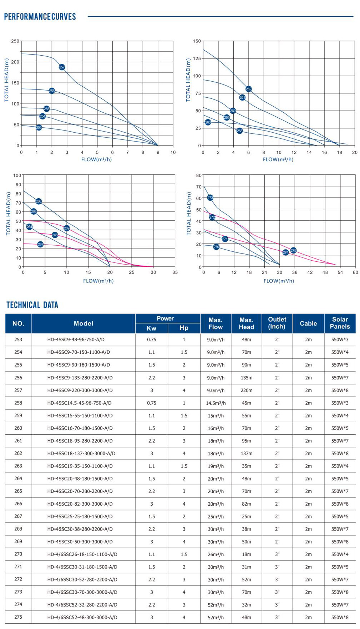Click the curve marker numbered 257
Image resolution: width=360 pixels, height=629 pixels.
62,67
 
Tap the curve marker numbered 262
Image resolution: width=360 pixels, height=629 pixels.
249,89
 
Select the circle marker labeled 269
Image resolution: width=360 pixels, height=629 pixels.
67,228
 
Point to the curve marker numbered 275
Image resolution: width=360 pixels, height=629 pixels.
293,250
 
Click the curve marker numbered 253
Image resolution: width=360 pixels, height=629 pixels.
39,127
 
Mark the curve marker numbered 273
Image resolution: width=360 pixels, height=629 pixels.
210,198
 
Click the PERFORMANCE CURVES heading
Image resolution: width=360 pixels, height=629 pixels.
40,17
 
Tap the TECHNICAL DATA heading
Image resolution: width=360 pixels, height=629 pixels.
32,305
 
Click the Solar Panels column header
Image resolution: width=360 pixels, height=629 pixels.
340,323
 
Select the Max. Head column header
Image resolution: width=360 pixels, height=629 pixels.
246,323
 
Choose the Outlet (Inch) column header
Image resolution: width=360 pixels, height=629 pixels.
277,323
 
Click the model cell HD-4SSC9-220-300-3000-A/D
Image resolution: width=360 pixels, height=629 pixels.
80,390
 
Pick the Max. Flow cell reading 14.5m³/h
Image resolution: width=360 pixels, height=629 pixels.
216,403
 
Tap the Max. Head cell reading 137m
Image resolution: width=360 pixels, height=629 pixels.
247,454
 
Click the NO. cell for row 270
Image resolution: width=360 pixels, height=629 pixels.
18,554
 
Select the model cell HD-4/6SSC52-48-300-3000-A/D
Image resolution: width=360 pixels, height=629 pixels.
82,617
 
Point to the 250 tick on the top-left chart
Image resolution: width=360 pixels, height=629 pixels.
15,41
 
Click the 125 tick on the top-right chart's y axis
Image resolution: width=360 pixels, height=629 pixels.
197,58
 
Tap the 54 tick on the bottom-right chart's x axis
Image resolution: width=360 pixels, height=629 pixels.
340,272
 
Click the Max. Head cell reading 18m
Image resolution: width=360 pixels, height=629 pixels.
247,554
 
